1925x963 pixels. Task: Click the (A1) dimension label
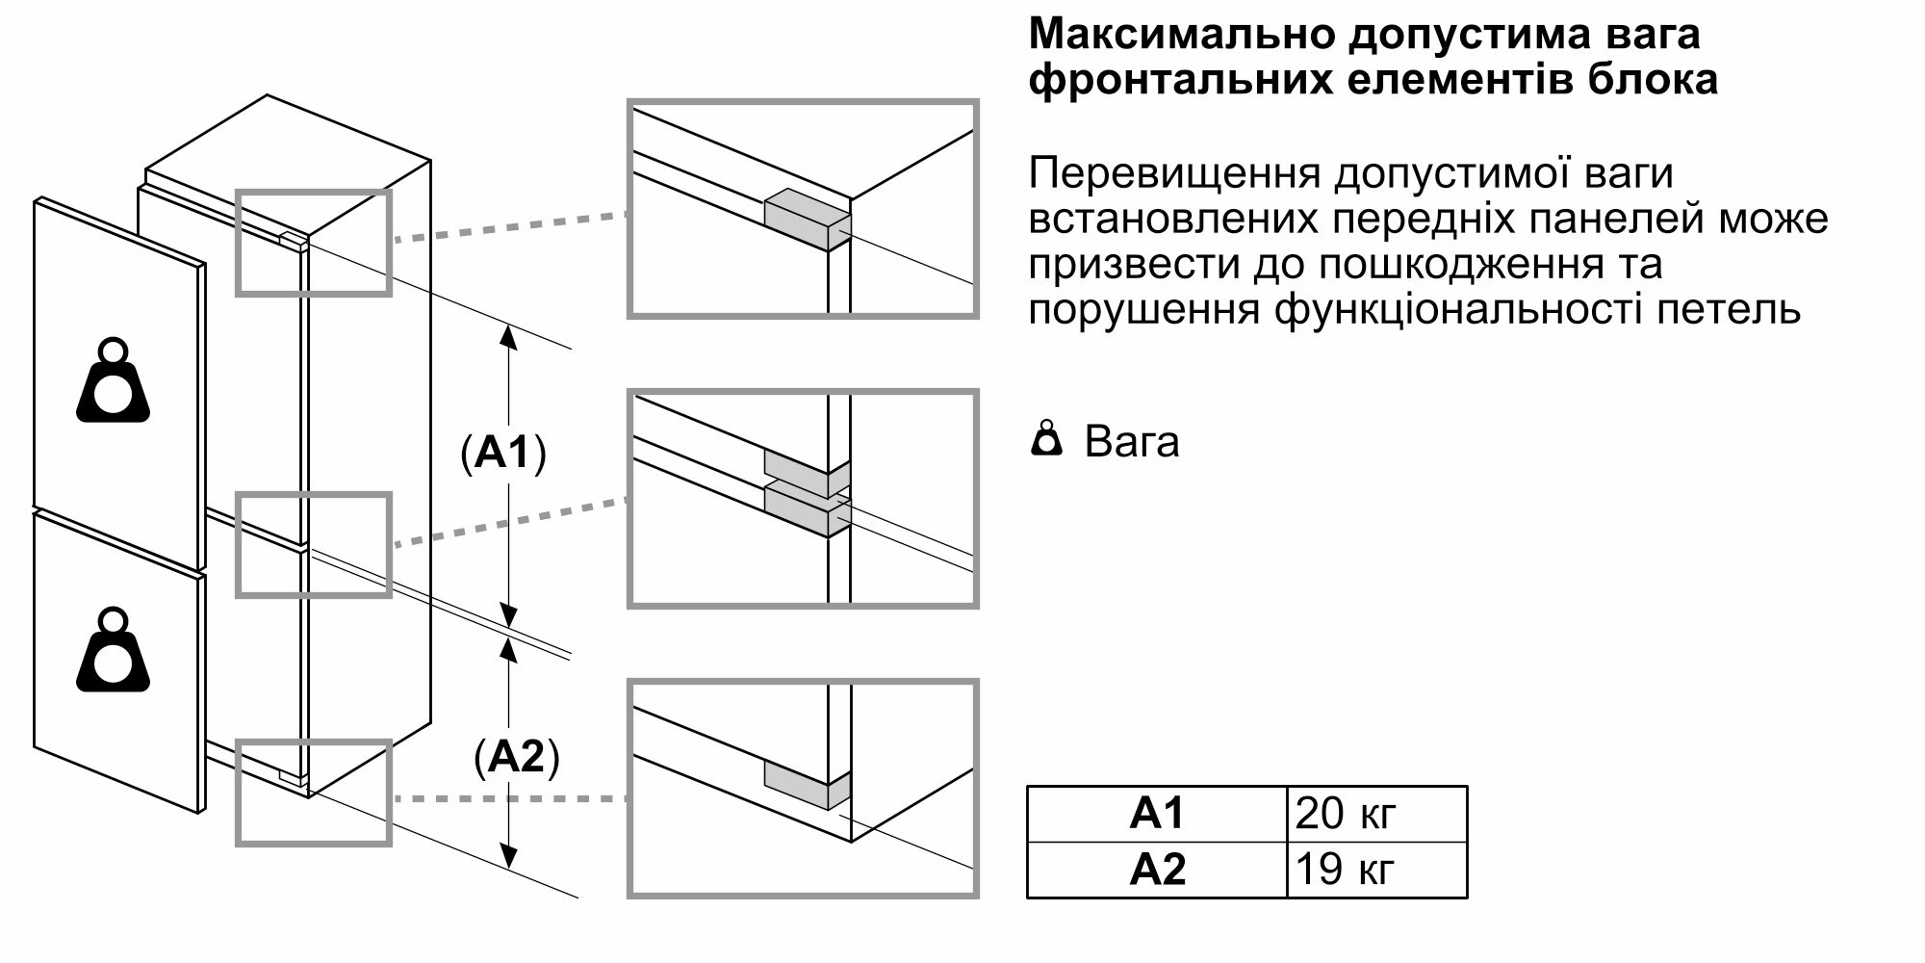click(x=503, y=453)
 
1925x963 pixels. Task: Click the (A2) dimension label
click(x=517, y=757)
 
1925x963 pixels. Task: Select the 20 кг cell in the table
click(x=1346, y=815)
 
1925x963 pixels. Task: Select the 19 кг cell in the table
click(x=1346, y=870)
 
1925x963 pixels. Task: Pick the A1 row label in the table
click(x=1156, y=815)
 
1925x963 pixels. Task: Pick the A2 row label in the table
click(x=1156, y=870)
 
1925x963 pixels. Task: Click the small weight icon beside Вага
click(x=1046, y=439)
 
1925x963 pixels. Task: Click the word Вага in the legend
click(x=1132, y=441)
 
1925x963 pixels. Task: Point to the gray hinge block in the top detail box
click(x=808, y=219)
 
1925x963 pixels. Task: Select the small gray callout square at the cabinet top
click(x=314, y=243)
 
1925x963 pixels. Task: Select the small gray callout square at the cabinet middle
click(x=314, y=545)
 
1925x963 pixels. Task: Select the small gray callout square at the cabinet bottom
click(x=314, y=793)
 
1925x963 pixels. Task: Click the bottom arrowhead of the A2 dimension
click(x=510, y=856)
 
